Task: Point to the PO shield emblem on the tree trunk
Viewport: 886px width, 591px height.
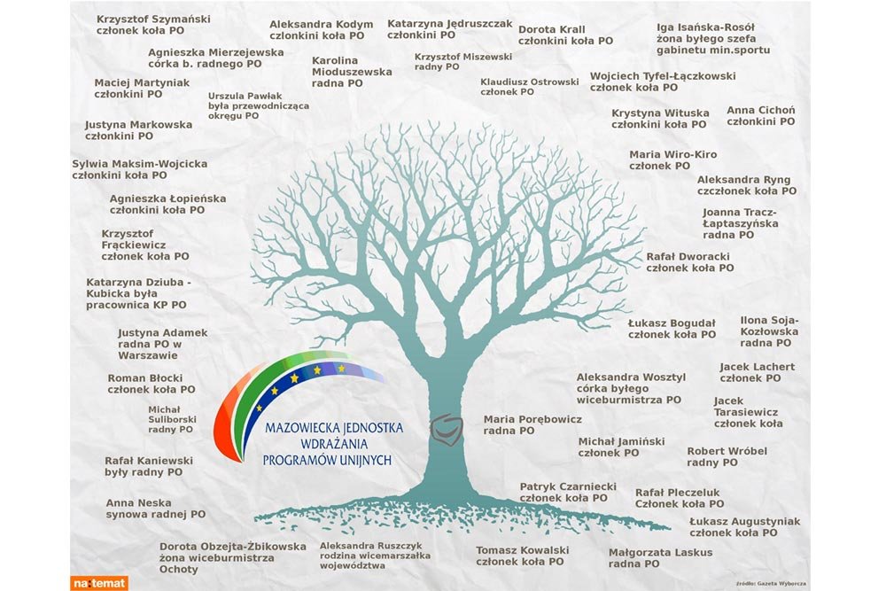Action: pos(446,430)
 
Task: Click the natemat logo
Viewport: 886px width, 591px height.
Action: pos(99,582)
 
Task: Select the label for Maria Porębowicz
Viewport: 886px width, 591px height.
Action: pos(532,419)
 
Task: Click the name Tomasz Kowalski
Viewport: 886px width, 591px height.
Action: pos(522,550)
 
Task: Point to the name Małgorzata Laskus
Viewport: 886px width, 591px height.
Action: pos(660,552)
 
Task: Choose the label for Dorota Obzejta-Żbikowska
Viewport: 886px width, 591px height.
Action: pos(232,547)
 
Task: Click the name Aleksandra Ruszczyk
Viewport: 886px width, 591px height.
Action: pos(370,546)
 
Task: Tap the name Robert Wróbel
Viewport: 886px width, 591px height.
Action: pos(727,451)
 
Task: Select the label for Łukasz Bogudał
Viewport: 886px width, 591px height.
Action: pos(672,323)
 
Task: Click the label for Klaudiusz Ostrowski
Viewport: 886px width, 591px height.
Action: pos(529,82)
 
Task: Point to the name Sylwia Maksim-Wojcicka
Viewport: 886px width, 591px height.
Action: pos(139,164)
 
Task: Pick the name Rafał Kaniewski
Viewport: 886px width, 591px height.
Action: pos(148,461)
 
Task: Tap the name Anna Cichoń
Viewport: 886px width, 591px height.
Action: pos(760,111)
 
